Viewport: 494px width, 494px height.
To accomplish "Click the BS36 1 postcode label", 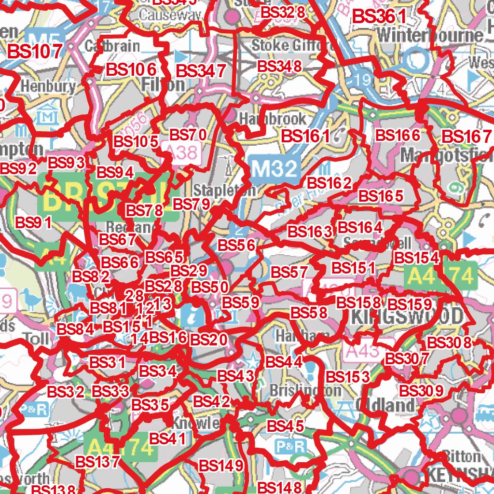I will [380, 17].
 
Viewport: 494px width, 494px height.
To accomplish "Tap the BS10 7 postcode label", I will [36, 51].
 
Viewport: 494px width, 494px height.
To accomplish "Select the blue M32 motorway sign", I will [275, 169].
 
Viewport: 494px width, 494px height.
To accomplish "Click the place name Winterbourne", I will [430, 35].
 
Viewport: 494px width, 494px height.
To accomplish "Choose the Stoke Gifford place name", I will [291, 46].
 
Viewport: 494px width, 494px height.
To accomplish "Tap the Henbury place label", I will [48, 87].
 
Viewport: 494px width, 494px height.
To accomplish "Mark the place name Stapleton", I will [224, 190].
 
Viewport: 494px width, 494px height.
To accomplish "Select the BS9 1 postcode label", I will [33, 223].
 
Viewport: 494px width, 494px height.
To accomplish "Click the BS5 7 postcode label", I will [289, 273].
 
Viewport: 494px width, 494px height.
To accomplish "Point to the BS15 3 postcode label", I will [347, 377].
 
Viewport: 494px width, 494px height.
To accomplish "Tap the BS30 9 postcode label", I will [422, 390].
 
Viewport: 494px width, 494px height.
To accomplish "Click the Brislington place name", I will [305, 390].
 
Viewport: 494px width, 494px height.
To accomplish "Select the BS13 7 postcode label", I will [97, 462].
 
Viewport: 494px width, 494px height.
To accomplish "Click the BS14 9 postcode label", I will [220, 466].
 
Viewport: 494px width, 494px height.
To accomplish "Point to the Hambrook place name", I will [273, 119].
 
